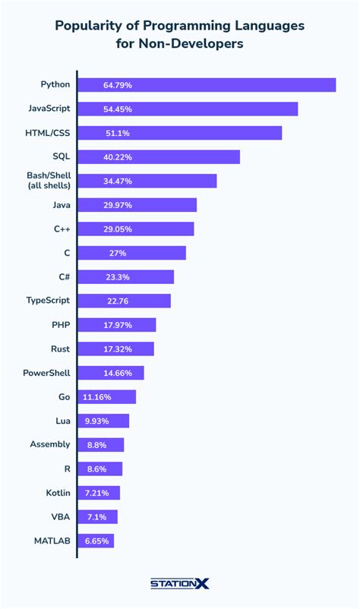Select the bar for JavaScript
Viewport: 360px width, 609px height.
188,109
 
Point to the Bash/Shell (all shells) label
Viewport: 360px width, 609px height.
49,180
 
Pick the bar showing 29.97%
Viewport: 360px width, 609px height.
137,205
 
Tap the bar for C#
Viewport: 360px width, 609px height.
125,276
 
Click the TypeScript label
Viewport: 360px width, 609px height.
49,301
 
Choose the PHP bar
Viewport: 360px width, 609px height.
117,325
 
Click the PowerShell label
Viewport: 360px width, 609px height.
48,373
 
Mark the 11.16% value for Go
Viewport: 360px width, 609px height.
97,397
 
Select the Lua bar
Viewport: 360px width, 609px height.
103,421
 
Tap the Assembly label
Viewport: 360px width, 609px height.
50,444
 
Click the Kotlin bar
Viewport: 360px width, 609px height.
99,493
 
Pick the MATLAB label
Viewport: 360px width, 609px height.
52,541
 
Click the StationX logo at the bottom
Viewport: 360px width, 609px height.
180,584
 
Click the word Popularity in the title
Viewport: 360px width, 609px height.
90,26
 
